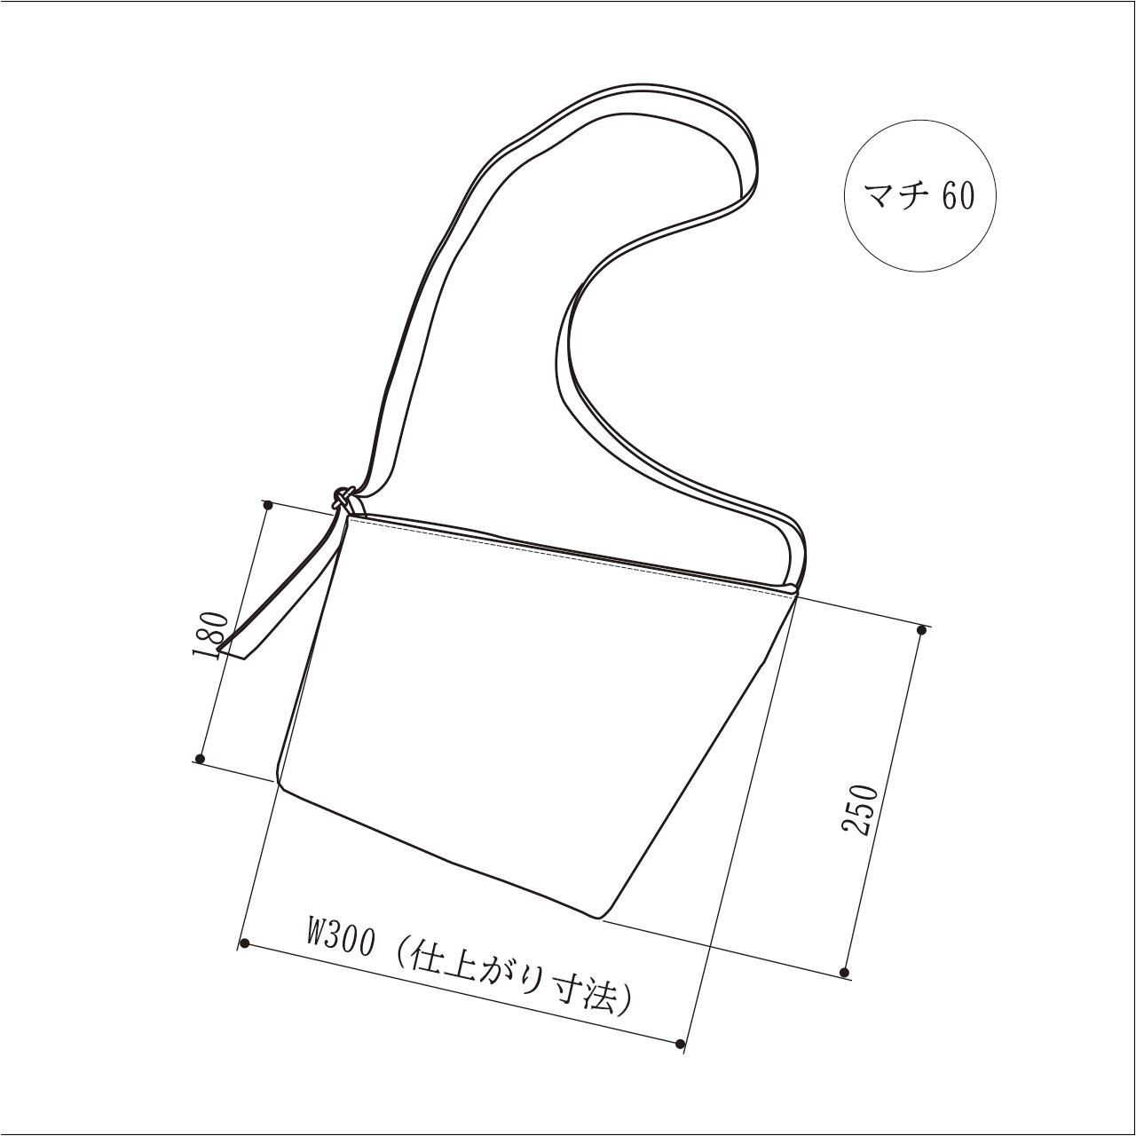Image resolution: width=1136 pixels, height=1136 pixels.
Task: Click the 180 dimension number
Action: pos(210,635)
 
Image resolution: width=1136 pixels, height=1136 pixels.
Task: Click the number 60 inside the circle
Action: pos(958,196)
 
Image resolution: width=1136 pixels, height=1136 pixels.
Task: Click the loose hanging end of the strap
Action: pos(233,652)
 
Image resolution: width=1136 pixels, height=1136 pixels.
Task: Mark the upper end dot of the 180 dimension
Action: pos(269,505)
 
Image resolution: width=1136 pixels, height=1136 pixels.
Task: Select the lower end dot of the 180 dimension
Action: pos(200,759)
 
